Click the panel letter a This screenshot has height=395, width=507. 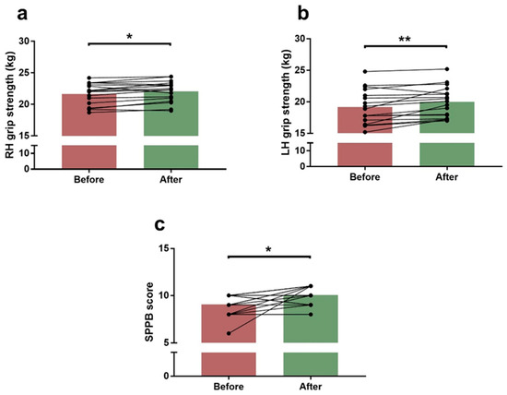[22, 14]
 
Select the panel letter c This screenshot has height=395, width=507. [159, 224]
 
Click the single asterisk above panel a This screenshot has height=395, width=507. [129, 36]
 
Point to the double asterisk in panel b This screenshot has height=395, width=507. [405, 39]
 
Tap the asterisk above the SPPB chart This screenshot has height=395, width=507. [268, 249]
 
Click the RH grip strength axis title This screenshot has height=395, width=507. [10, 105]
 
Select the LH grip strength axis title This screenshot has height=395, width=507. [286, 102]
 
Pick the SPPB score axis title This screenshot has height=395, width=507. [149, 312]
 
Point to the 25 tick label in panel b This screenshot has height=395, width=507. [301, 70]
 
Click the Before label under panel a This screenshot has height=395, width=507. [88, 179]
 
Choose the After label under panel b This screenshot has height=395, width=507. [447, 177]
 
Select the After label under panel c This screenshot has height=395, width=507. [311, 387]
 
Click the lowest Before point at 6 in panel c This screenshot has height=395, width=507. [229, 333]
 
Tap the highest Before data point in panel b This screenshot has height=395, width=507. [365, 71]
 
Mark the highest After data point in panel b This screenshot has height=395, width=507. [447, 69]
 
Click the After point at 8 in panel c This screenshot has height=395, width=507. [311, 315]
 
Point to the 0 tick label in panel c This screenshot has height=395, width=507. [166, 377]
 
